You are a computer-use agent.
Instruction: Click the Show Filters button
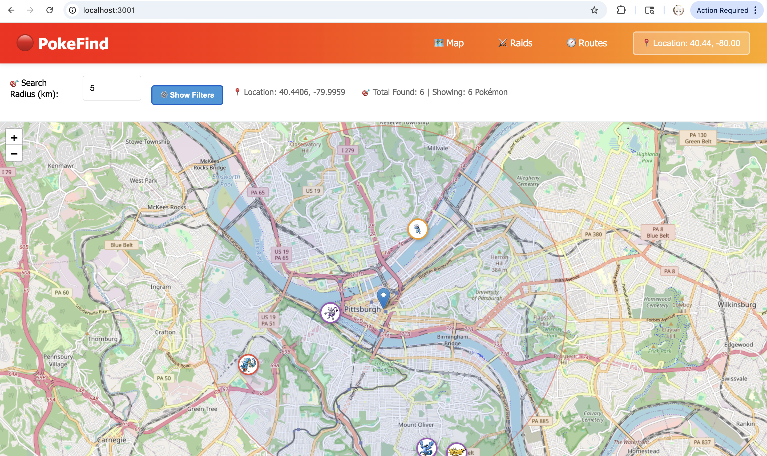click(x=187, y=95)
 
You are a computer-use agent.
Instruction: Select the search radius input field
click(x=112, y=88)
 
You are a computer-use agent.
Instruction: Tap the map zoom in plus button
click(x=14, y=138)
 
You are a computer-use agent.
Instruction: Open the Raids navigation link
click(x=515, y=43)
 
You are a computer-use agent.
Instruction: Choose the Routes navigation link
click(x=587, y=43)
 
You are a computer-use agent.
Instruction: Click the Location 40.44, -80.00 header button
click(x=691, y=43)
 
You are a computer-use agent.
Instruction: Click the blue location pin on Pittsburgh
click(x=383, y=297)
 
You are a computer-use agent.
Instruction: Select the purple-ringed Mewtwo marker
click(x=330, y=313)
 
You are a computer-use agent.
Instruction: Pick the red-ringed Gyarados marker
click(x=248, y=365)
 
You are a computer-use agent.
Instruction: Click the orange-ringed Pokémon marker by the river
click(x=418, y=229)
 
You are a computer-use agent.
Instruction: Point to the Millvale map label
click(x=438, y=148)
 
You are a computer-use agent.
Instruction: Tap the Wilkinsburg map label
click(x=737, y=305)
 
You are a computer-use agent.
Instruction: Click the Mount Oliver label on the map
click(x=416, y=425)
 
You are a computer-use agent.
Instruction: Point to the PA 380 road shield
click(x=593, y=234)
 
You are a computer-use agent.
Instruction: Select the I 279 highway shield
click(x=348, y=150)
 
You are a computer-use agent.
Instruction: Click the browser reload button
click(x=49, y=10)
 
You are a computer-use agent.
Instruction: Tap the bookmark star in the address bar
click(x=594, y=10)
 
